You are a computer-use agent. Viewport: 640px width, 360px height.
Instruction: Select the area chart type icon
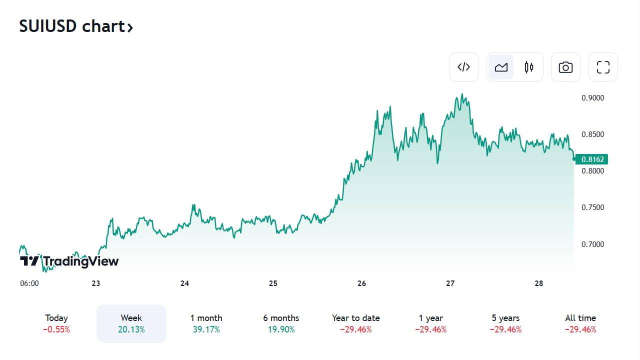pos(501,67)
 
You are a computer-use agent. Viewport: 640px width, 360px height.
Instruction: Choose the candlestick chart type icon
pos(529,67)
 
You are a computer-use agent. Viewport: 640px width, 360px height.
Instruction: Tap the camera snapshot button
pos(565,67)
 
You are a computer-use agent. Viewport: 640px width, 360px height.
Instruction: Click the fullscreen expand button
pos(603,67)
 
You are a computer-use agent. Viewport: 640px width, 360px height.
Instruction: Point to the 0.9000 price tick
pos(593,98)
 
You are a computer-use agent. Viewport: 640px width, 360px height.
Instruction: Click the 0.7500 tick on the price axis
pos(593,207)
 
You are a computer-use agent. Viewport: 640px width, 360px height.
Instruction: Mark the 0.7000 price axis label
pos(593,244)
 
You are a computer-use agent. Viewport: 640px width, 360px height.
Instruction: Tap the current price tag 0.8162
pos(593,159)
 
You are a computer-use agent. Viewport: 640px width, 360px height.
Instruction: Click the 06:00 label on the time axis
pos(29,283)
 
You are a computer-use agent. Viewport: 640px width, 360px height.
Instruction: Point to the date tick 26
pos(361,283)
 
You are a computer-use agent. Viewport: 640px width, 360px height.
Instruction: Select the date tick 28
pos(538,283)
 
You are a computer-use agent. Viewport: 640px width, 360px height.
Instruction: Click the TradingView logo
pos(69,261)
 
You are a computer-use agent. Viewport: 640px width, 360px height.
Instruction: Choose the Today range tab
pos(56,323)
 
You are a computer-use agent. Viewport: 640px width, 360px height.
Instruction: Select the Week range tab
pos(131,323)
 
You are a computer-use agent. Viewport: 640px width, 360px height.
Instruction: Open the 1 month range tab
pos(206,323)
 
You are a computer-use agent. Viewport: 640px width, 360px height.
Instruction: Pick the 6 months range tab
pos(281,323)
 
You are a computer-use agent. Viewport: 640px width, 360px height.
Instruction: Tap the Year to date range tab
pos(356,323)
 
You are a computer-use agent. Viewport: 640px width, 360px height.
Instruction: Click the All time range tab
pos(580,323)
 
